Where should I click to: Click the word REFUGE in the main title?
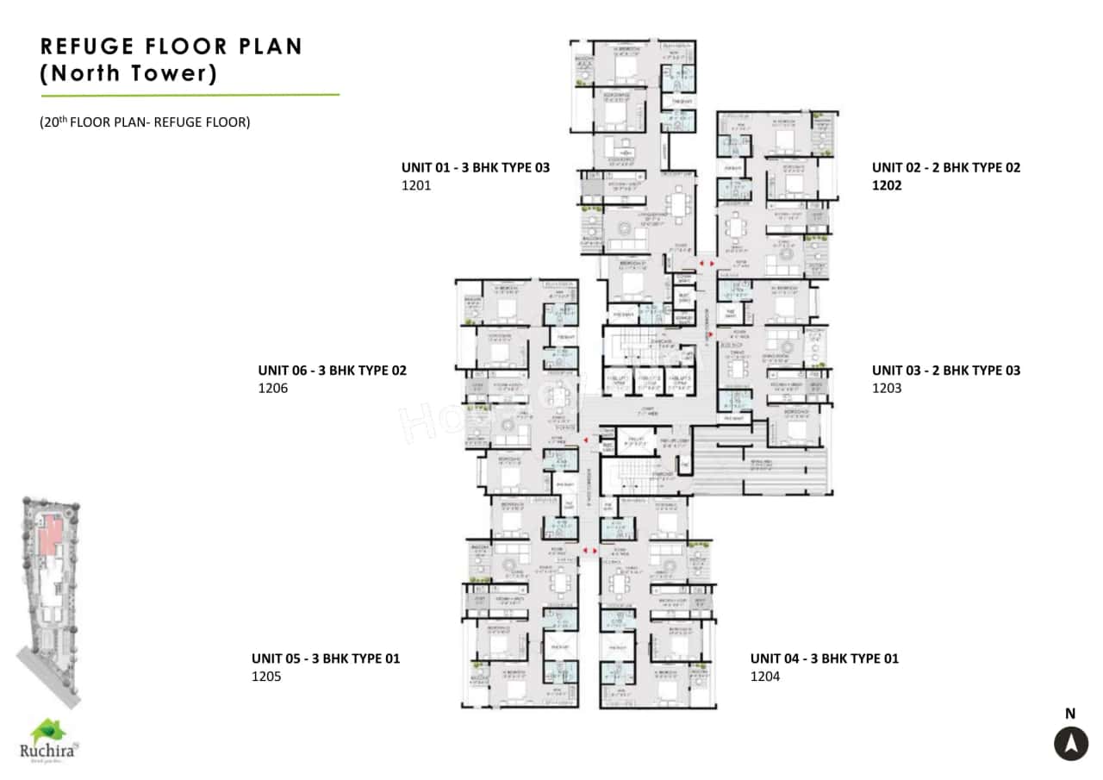[x=91, y=47]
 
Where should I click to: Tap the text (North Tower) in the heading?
[x=128, y=73]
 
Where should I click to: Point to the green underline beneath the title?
[x=190, y=95]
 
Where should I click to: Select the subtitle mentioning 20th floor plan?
[x=145, y=122]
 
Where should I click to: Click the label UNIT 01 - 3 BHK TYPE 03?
[x=475, y=167]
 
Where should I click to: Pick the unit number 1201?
[x=415, y=185]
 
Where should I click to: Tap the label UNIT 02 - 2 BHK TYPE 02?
[x=945, y=167]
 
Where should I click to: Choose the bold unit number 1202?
[x=887, y=185]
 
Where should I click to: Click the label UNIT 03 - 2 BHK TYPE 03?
[x=945, y=371]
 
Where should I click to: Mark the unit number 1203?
[x=886, y=389]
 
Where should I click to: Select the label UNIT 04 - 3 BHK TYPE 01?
[x=824, y=658]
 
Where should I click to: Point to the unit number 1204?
[x=764, y=677]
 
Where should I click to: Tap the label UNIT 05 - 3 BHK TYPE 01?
[x=326, y=658]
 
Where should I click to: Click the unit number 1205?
[x=266, y=677]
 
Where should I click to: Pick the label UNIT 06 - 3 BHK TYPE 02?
[x=332, y=371]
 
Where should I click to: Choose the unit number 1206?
[x=272, y=389]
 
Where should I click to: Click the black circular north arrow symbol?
[x=1070, y=743]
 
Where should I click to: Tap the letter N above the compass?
[x=1070, y=714]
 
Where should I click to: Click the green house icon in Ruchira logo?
[x=47, y=731]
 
